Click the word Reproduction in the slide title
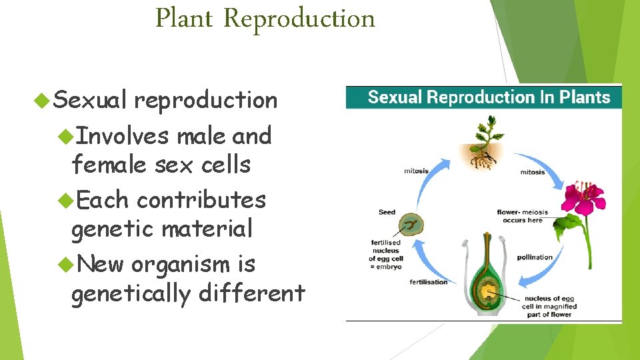click(x=299, y=19)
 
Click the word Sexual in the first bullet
click(x=89, y=100)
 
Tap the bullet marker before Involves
click(x=65, y=136)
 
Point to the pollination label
click(x=535, y=257)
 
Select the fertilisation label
click(x=428, y=283)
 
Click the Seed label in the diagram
click(x=387, y=213)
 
